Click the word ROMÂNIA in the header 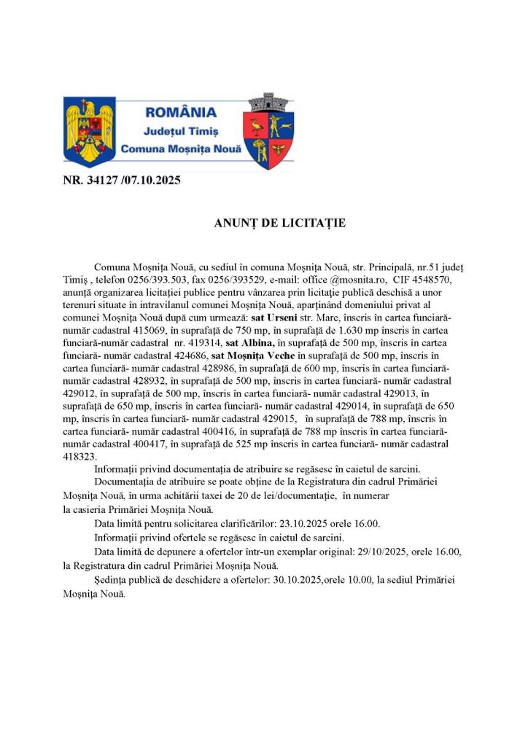(181, 112)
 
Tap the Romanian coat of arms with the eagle (90, 131)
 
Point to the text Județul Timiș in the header (181, 130)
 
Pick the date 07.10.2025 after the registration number (151, 180)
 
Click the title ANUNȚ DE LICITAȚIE (280, 223)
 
